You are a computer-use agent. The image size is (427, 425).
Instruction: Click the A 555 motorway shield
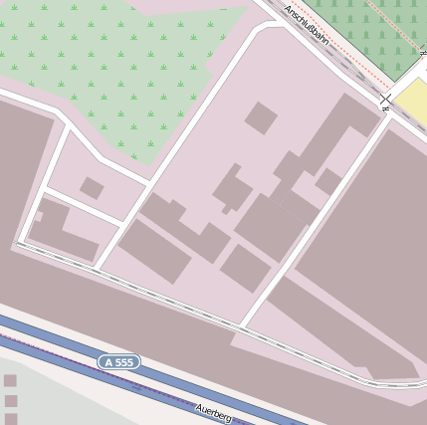[x=118, y=362]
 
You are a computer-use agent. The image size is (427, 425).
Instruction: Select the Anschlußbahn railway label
[x=307, y=26]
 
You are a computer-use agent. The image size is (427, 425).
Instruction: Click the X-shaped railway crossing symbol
[x=385, y=102]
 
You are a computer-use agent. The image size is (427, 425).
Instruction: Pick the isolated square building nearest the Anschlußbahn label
[x=261, y=117]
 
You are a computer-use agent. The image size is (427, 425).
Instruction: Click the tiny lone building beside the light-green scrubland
[x=92, y=188]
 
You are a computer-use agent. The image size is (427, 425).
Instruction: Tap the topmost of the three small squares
[x=10, y=380]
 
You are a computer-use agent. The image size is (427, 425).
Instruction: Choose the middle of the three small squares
[x=11, y=401]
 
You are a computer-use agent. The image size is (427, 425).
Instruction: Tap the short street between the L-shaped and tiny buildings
[x=83, y=208]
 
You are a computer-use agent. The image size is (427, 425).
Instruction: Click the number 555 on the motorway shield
[x=123, y=362]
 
